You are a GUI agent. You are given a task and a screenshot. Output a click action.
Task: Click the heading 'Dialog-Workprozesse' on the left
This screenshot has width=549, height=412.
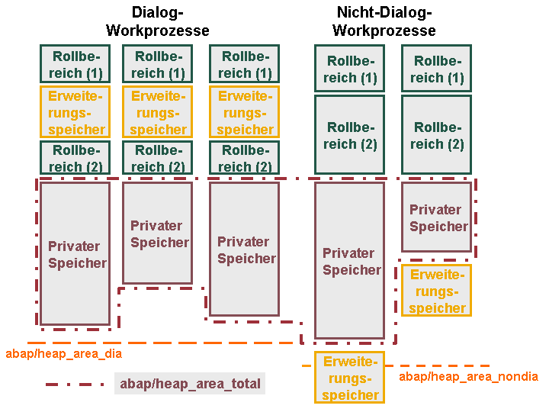pos(158,21)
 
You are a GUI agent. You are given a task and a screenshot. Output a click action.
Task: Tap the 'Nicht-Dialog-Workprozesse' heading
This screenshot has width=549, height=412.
pos(384,21)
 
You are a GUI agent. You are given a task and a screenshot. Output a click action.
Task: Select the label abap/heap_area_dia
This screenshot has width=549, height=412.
pos(64,354)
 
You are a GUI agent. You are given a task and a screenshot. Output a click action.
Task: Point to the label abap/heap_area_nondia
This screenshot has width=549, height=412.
pos(468,377)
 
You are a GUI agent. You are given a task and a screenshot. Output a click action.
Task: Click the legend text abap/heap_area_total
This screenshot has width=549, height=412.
pos(190,384)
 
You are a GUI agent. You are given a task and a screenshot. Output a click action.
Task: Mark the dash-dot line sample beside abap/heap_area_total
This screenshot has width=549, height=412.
pos(75,385)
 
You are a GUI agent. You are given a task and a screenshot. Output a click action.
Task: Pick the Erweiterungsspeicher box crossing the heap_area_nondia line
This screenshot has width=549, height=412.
pos(349,378)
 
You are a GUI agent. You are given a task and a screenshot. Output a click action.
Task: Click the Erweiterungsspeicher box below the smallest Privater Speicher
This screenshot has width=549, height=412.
pos(436,291)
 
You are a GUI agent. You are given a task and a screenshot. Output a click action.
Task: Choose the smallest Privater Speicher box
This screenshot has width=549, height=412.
pos(436,217)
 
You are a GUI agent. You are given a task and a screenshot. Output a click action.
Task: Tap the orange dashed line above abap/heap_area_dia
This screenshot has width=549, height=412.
pos(160,343)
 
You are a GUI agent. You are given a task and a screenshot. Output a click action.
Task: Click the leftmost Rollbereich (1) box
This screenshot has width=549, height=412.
pos(75,64)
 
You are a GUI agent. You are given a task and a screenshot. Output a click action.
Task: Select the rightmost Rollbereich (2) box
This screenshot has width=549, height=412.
pos(436,134)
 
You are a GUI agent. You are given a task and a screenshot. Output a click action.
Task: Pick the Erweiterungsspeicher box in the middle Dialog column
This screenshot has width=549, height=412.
pos(158,111)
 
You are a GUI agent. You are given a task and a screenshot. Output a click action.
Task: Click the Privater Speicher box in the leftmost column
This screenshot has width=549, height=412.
pos(75,253)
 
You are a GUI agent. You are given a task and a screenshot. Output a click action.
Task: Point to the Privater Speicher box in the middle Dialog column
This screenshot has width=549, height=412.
pos(158,233)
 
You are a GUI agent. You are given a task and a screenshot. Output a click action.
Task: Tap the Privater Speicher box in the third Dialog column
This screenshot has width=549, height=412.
pos(245,249)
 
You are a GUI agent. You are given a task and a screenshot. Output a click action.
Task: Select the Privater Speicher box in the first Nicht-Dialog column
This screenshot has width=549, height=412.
pos(349,260)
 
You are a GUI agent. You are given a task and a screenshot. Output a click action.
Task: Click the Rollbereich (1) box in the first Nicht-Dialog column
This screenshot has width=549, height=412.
pos(349,69)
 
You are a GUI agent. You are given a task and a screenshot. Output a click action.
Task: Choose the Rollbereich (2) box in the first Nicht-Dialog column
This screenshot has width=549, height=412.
pos(349,134)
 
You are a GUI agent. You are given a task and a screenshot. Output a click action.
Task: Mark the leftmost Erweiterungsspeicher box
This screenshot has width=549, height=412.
pos(75,111)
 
